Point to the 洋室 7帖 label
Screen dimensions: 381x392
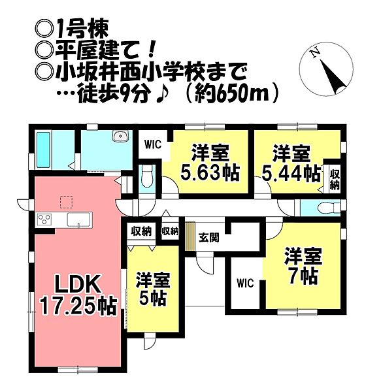tap(303, 266)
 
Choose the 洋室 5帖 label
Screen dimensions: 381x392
tap(153, 289)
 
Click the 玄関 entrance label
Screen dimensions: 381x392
tap(208, 238)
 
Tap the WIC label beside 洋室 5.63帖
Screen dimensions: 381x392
tap(153, 145)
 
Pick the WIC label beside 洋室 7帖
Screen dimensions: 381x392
tap(245, 284)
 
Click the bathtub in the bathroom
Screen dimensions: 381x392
tap(43, 150)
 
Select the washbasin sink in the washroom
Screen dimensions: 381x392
tap(121, 137)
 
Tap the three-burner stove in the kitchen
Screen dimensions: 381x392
tap(44, 220)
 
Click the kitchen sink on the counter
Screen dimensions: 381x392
tap(78, 220)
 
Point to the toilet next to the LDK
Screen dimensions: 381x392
tap(146, 176)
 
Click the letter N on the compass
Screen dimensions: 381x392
tap(315, 53)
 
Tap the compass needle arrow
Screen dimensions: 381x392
tap(333, 77)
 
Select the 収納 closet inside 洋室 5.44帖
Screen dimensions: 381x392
tap(334, 179)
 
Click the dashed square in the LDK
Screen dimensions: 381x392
tap(66, 203)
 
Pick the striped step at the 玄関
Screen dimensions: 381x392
tap(190, 237)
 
